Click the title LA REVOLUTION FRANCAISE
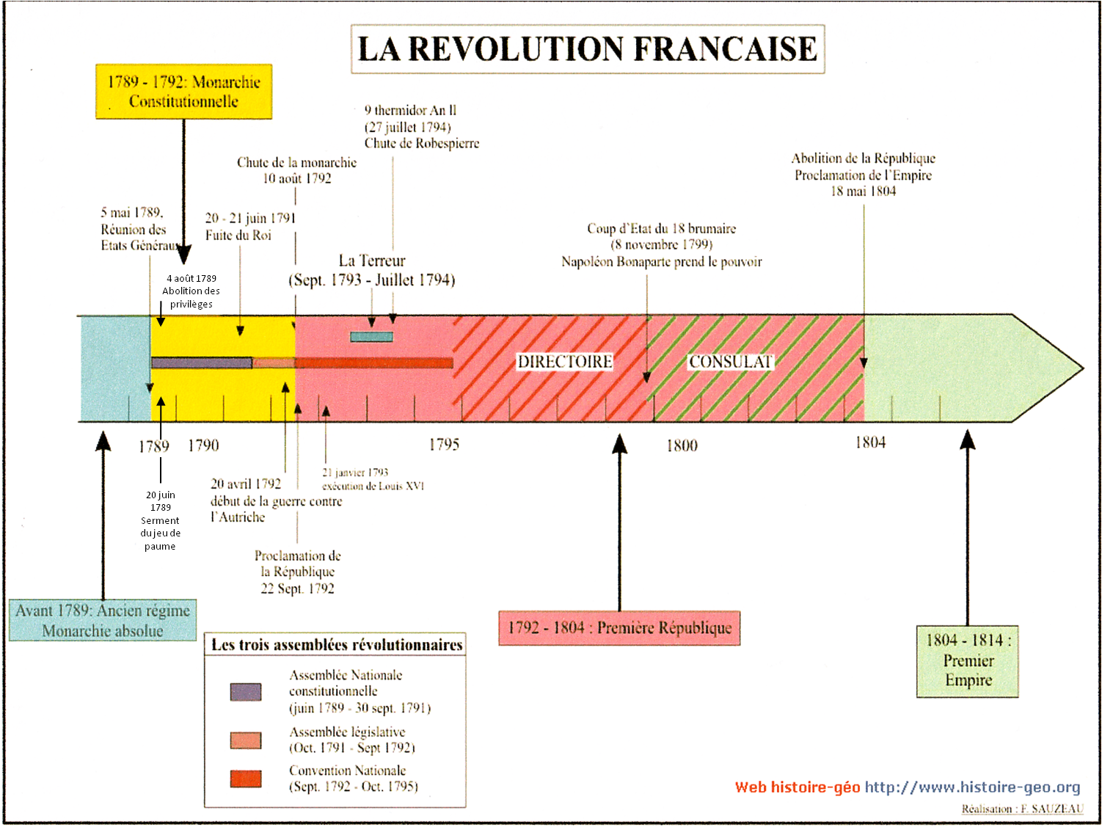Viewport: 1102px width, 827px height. point(587,49)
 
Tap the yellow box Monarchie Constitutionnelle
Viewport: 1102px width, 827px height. point(183,92)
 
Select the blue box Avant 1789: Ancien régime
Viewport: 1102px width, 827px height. point(103,621)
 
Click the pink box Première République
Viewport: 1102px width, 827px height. point(619,628)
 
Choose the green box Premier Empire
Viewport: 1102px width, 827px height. point(968,660)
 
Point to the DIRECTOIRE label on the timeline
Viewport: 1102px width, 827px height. point(564,362)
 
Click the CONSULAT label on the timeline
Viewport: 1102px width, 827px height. point(730,362)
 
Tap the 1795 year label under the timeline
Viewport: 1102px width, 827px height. point(444,445)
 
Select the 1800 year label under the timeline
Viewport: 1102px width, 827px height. point(682,445)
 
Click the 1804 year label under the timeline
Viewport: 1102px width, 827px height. point(870,442)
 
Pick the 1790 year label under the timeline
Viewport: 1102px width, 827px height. point(203,445)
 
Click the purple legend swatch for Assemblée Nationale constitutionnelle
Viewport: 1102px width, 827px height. point(246,692)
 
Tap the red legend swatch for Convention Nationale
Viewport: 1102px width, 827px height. point(246,779)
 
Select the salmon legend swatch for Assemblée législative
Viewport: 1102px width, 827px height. point(246,740)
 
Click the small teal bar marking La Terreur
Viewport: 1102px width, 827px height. point(371,337)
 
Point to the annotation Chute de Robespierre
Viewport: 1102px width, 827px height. point(422,144)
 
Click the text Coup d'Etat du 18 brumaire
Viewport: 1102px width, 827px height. point(661,229)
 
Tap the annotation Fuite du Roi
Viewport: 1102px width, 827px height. point(238,236)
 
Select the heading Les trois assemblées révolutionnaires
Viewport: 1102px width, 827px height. point(337,645)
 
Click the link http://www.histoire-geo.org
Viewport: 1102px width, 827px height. point(972,787)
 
